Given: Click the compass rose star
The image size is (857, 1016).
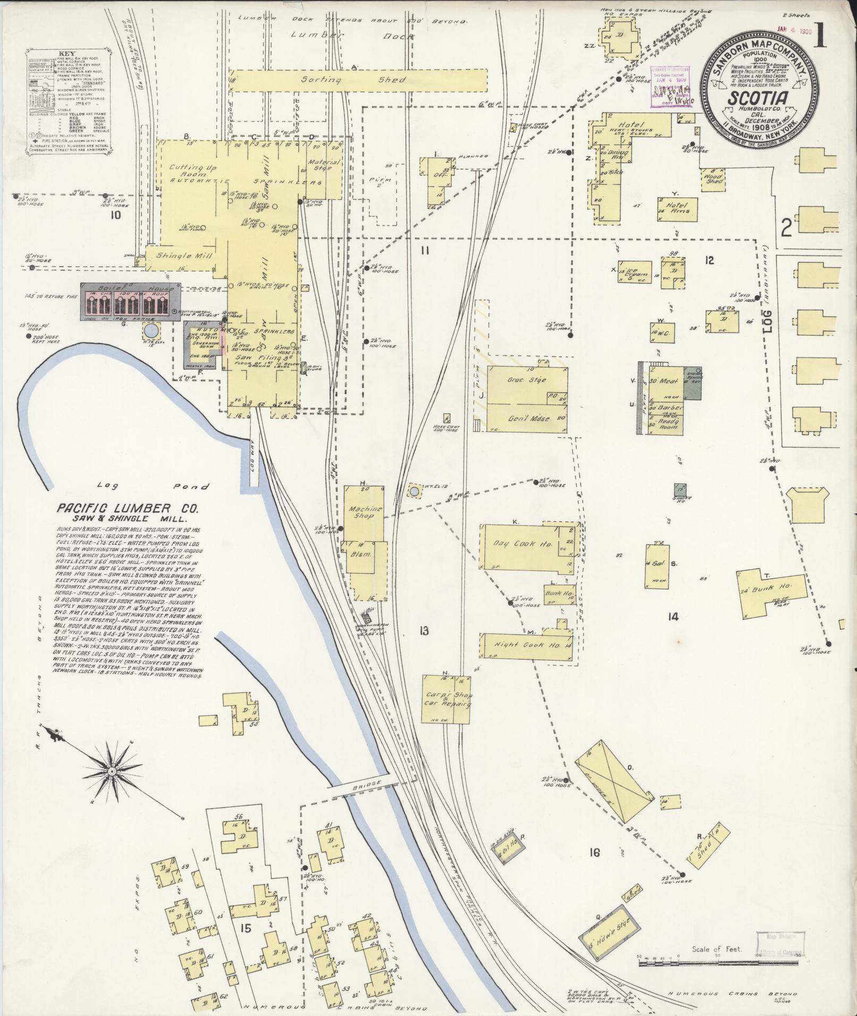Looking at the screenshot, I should [x=112, y=770].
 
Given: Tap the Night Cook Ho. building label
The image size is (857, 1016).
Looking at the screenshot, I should [x=524, y=645].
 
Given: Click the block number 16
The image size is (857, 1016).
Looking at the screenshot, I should [x=594, y=853].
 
